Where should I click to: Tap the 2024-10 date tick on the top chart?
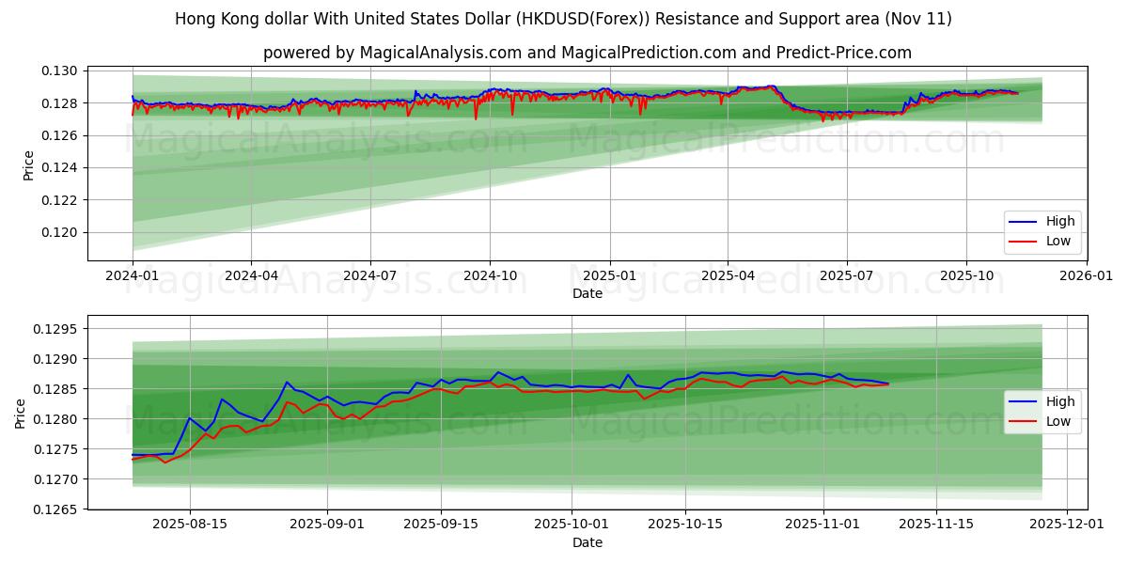[x=490, y=277]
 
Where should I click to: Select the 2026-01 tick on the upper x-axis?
[x=1086, y=277]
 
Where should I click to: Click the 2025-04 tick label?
[x=728, y=277]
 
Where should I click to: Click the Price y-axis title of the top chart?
[x=28, y=165]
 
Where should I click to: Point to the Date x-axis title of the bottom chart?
[x=587, y=542]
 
